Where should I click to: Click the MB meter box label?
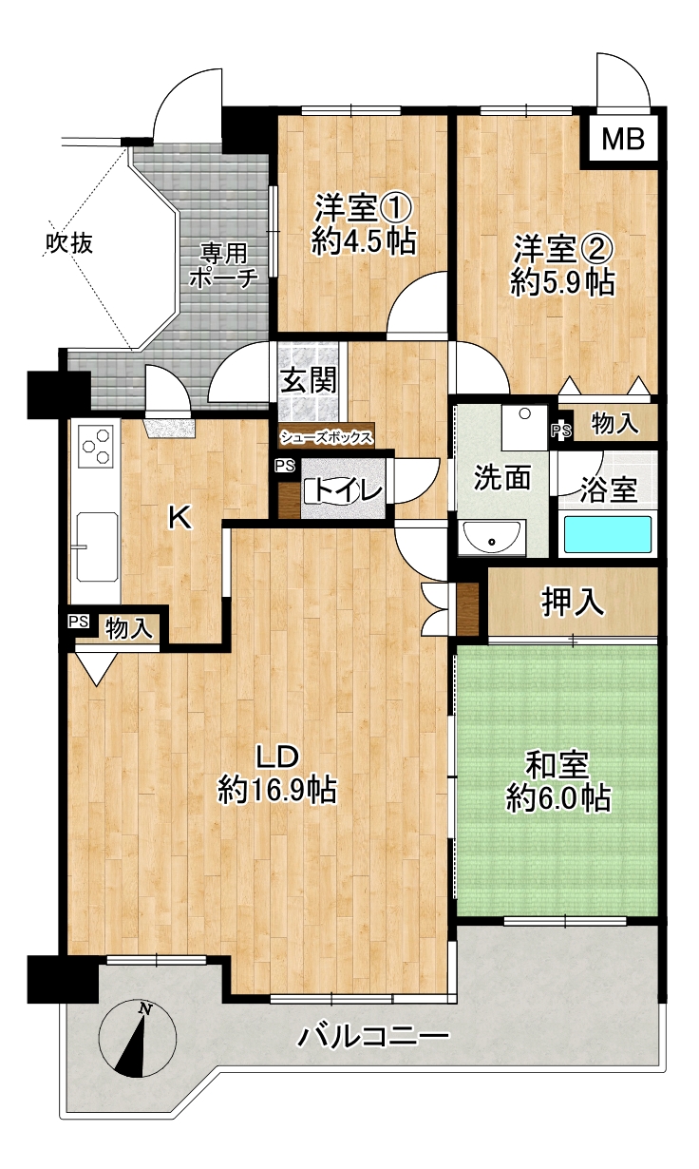[x=623, y=140]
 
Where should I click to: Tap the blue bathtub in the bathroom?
[x=608, y=534]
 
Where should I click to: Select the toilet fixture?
[x=334, y=490]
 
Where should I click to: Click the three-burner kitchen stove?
[x=96, y=447]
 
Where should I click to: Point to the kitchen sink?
[x=97, y=546]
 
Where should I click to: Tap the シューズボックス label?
[x=327, y=437]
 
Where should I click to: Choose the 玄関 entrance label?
[x=310, y=380]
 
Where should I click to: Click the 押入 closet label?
[x=573, y=603]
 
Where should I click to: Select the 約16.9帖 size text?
[x=277, y=790]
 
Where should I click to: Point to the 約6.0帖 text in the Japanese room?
[x=558, y=798]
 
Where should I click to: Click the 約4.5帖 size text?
[x=364, y=241]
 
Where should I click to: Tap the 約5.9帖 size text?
[x=562, y=283]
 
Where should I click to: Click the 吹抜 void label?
[x=70, y=243]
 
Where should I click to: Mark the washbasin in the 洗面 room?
[x=491, y=537]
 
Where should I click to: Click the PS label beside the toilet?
[x=285, y=466]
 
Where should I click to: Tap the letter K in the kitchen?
[x=179, y=518]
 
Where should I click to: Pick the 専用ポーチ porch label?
[x=224, y=266]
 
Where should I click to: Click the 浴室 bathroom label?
[x=609, y=490]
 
